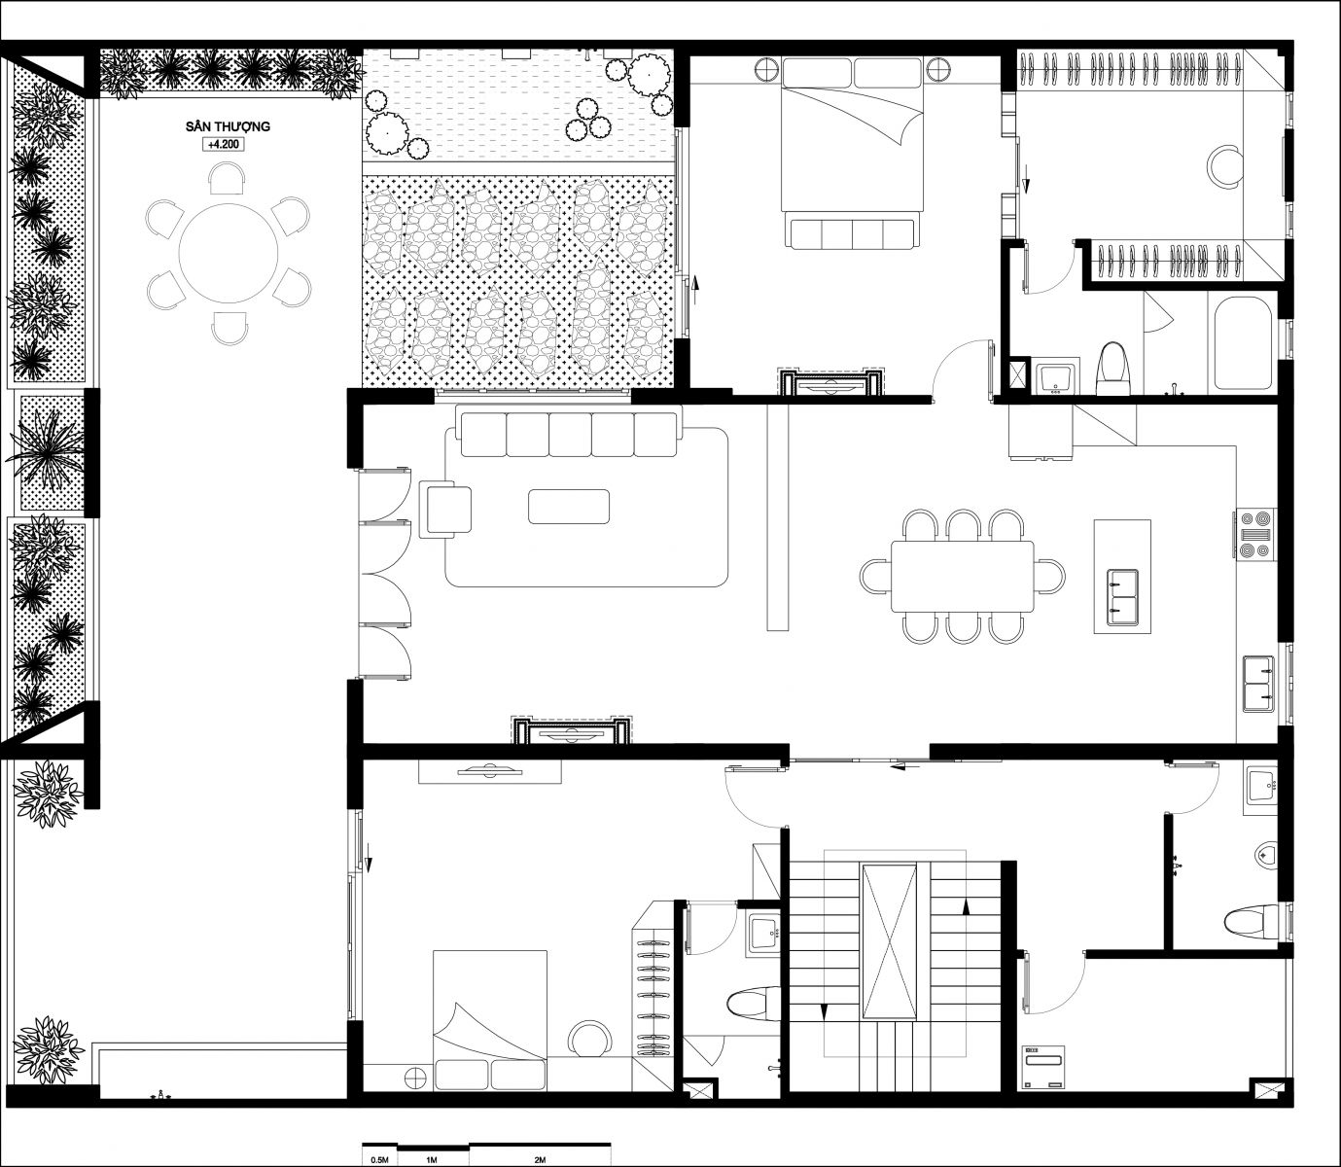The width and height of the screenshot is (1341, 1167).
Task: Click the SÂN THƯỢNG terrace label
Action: point(228,126)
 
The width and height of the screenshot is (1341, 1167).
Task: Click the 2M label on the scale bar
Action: point(540,1159)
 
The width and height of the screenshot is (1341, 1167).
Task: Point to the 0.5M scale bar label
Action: point(379,1159)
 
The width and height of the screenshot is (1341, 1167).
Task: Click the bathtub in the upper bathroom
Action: point(1243,344)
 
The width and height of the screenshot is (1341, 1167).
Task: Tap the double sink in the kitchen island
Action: point(1122,597)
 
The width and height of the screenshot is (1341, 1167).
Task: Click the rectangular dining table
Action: point(962,576)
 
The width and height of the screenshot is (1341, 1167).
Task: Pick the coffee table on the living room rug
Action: point(569,507)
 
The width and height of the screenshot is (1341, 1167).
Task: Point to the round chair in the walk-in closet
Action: point(1224,166)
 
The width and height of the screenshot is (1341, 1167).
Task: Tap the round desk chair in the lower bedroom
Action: point(589,1039)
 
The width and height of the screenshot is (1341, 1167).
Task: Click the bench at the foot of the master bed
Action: point(852,233)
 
